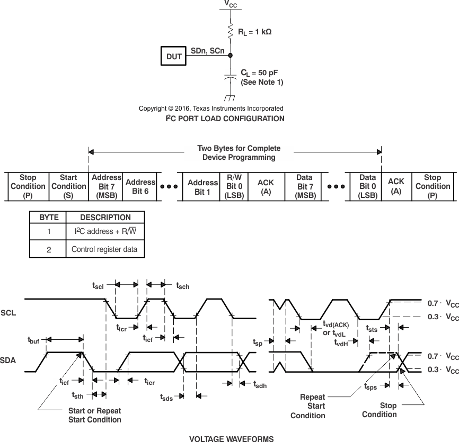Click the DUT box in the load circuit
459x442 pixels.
click(x=174, y=56)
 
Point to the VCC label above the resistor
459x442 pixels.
click(x=231, y=4)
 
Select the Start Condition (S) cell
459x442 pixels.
click(x=68, y=186)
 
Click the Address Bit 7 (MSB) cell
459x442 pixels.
click(x=106, y=186)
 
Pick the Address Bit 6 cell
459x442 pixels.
click(x=140, y=186)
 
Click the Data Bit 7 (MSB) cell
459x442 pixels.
click(x=304, y=186)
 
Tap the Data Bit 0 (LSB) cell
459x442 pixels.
click(x=367, y=186)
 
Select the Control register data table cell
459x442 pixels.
click(x=104, y=249)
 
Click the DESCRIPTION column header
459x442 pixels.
click(x=105, y=217)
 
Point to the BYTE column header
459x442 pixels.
click(x=49, y=217)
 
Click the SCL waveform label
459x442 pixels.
click(x=8, y=313)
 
